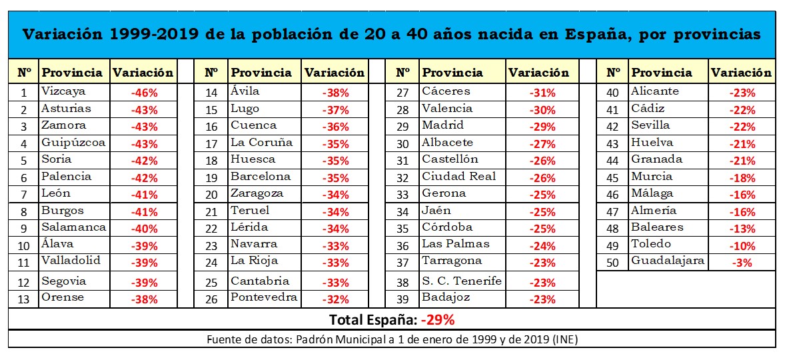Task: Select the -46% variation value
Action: point(143,93)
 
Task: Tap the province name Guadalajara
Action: point(667,261)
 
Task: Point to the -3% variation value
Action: point(742,262)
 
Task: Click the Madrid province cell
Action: point(442,125)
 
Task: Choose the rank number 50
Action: point(613,262)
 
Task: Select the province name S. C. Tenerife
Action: point(461,281)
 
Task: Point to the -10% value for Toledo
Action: point(742,245)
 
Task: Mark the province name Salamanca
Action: point(73,227)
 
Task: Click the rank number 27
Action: point(402,93)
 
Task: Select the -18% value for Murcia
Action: point(742,177)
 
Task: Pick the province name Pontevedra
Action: point(264,297)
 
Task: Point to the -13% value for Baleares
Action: point(742,228)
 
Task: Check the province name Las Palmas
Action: point(456,244)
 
